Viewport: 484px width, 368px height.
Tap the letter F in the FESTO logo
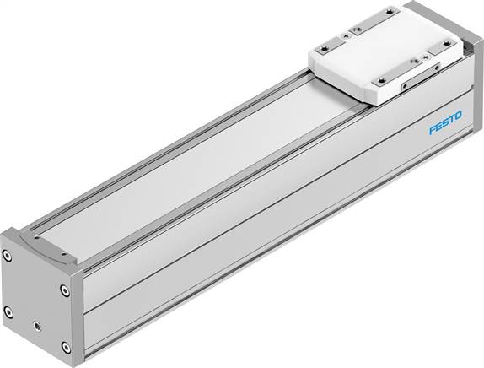pyautogui.click(x=431, y=132)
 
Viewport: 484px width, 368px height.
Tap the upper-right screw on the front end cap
pyautogui.click(x=64, y=290)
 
